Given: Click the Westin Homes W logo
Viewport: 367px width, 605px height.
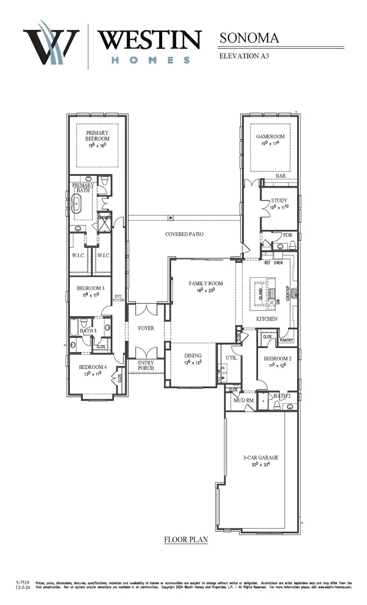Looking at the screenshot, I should [51, 45].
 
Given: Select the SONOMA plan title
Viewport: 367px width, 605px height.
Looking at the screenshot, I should [249, 38].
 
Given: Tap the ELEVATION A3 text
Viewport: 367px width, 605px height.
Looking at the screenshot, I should [244, 56].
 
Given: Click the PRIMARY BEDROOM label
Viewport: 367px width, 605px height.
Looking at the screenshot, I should [97, 135].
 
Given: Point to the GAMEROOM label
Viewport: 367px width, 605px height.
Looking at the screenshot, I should [270, 136].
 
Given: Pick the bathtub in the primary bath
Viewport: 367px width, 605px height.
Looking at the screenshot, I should [77, 203].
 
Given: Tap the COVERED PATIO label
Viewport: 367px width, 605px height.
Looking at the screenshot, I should [184, 234].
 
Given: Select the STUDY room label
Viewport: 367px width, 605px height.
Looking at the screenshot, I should [279, 200].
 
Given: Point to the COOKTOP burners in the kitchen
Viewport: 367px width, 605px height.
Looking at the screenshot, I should [294, 293].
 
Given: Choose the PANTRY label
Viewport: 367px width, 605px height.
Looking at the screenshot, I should [286, 340].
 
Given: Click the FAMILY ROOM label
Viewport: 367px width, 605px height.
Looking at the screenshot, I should [206, 283].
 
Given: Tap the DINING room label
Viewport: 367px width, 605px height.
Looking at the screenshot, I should [192, 355].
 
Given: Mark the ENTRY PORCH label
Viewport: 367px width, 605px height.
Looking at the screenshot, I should [146, 365].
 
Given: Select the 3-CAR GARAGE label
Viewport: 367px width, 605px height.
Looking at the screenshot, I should [261, 458].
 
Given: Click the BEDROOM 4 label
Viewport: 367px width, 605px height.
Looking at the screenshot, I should [93, 367].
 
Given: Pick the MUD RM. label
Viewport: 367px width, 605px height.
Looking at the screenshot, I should [244, 400].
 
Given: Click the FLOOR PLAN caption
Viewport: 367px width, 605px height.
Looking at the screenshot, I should [186, 540].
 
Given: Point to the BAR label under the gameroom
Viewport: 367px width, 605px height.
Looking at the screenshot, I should [281, 176].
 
